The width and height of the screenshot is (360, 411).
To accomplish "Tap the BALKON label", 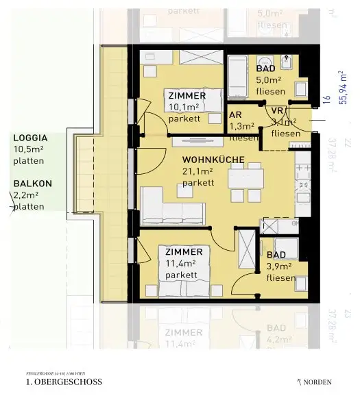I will [x=28, y=184].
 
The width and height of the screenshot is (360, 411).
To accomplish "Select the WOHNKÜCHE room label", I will [x=206, y=160].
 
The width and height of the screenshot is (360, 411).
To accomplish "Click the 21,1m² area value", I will [x=197, y=171].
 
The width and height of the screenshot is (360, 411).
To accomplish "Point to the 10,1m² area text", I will [x=180, y=107].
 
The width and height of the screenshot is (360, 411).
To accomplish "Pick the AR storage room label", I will [x=236, y=116].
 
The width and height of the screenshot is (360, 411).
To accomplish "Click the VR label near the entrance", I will [x=278, y=111].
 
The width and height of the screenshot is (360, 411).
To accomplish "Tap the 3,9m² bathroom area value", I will [x=280, y=266].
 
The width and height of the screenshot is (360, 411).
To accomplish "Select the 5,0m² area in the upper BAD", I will [x=269, y=80].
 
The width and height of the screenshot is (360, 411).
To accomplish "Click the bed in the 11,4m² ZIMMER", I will [x=186, y=271].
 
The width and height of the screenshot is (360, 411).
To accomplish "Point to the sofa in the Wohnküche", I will [x=171, y=206].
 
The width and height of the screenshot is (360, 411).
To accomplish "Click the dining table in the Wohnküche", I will [x=245, y=179].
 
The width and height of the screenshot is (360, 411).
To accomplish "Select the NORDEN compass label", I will [x=315, y=382].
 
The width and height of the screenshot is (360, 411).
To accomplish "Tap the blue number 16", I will [x=327, y=101].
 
